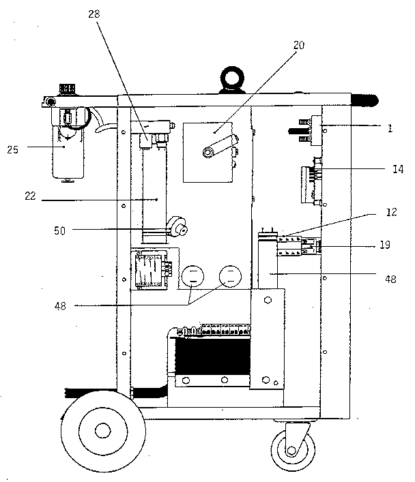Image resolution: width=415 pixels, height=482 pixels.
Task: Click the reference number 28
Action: (x=94, y=14)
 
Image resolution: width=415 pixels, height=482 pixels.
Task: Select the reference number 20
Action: (x=298, y=45)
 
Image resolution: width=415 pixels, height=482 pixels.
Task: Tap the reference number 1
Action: (x=390, y=127)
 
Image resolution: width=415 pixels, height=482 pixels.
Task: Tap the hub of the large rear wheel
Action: (x=102, y=430)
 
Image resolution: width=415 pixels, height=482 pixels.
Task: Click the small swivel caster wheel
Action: (x=291, y=450)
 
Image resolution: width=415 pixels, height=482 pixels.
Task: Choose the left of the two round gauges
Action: (x=193, y=277)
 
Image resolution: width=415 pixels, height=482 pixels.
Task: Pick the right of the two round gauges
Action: (x=230, y=277)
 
